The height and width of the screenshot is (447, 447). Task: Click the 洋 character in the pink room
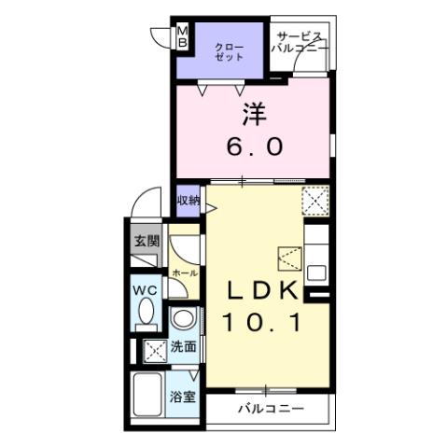pos(255,114)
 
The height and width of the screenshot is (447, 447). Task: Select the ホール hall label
pos(183,272)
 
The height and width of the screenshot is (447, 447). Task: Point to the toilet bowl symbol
pos(145,317)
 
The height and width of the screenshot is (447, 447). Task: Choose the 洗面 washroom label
pos(184,347)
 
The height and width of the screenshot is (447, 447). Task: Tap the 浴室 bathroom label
pos(181,397)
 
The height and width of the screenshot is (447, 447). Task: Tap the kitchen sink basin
pos(316,272)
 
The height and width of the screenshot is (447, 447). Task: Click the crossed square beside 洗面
pos(152,350)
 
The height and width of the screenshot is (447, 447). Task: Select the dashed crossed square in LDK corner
pos(315,200)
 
